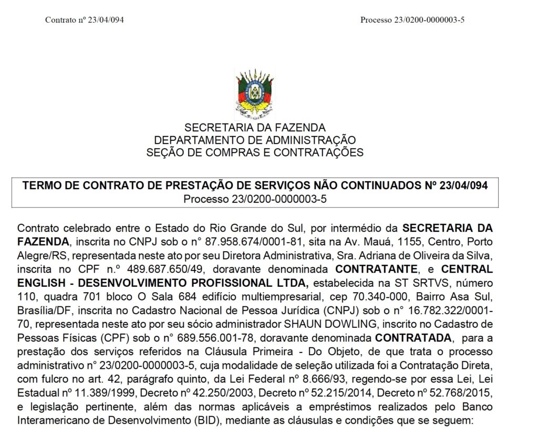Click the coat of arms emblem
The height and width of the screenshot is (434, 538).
(255, 94)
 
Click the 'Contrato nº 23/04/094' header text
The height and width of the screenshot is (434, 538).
(85, 20)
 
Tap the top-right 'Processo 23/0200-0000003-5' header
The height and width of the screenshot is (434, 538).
(412, 20)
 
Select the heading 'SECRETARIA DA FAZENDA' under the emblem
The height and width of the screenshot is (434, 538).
(255, 128)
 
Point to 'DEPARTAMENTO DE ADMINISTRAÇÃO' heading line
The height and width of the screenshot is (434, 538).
(255, 140)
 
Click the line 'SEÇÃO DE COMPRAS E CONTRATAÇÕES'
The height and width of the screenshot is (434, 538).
(255, 153)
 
